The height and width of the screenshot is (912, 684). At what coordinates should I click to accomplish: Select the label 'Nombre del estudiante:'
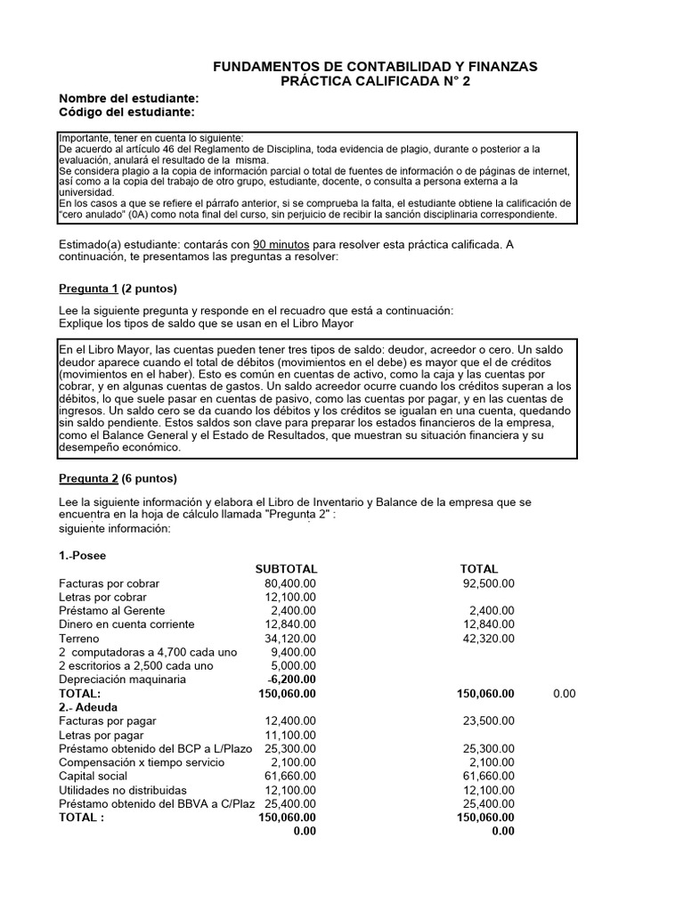tap(128, 98)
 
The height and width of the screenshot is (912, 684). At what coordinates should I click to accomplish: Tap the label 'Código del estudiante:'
tap(126, 112)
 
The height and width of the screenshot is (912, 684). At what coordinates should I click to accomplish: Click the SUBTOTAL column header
tap(286, 569)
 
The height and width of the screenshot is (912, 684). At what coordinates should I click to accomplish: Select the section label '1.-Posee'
tap(82, 555)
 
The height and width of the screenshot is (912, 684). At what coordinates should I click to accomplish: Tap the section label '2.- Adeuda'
tap(87, 706)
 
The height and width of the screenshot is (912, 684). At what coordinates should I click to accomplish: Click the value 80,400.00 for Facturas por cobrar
tap(290, 583)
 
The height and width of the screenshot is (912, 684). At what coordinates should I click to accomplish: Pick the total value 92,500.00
tap(488, 583)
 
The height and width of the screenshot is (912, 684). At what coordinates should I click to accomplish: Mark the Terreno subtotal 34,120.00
tap(290, 639)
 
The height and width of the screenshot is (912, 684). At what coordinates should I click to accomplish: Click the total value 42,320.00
tap(488, 639)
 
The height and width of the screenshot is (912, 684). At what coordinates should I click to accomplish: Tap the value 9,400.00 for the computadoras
tap(294, 652)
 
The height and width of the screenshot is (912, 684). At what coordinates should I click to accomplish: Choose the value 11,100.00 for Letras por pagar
tap(290, 735)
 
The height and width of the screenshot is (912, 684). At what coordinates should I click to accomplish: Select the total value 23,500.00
tap(488, 721)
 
